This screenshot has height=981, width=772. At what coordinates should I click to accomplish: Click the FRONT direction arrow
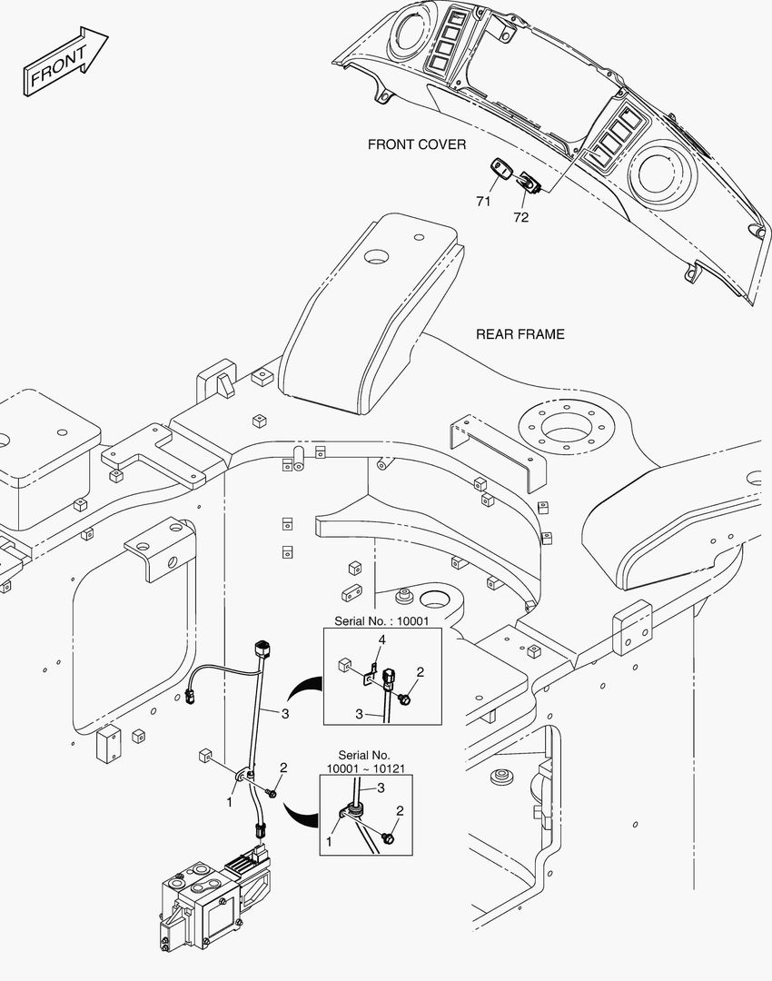(x=65, y=62)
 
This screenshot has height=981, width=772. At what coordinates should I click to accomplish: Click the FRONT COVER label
(x=417, y=144)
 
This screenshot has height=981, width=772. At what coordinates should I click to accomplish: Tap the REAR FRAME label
(x=520, y=334)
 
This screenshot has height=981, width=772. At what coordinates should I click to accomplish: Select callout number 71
(x=483, y=201)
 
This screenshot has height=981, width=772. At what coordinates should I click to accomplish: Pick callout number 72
(x=520, y=217)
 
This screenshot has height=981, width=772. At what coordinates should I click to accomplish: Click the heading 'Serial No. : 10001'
(x=381, y=621)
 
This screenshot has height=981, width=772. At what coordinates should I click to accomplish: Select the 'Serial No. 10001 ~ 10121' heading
(x=364, y=761)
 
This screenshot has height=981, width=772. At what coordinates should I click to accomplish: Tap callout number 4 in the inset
(x=381, y=639)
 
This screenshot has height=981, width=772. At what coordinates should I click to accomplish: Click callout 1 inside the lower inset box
(x=329, y=842)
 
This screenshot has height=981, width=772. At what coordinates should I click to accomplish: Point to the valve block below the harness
(x=216, y=897)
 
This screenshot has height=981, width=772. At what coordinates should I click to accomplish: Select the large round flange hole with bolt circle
(x=567, y=429)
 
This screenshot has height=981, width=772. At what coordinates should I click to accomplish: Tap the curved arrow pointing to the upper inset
(x=304, y=690)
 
